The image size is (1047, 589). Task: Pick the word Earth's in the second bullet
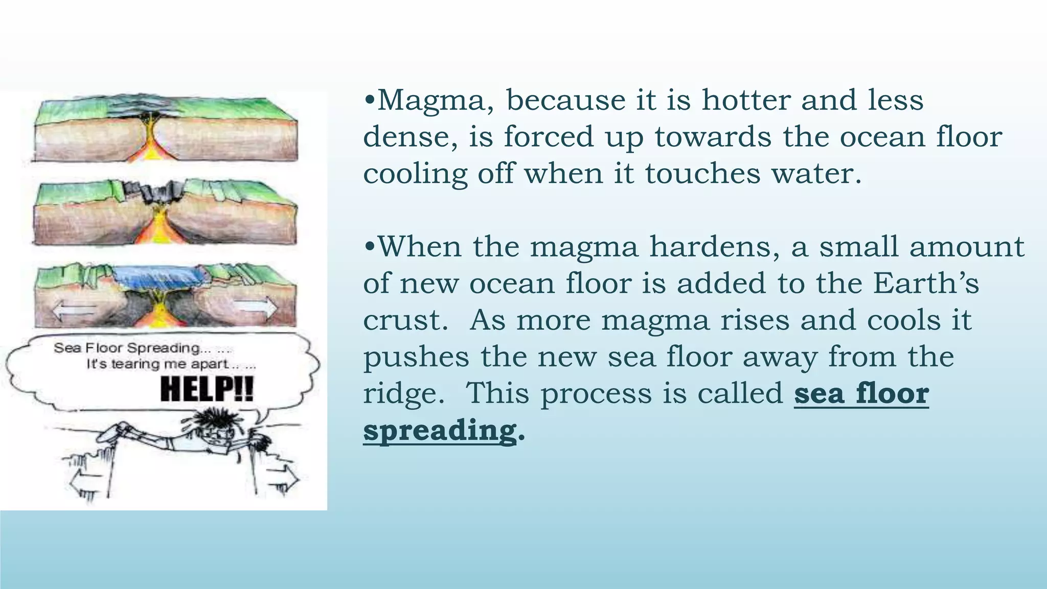point(926,284)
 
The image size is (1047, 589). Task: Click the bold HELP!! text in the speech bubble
point(207,390)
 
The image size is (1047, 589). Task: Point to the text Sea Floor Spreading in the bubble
point(128,348)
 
